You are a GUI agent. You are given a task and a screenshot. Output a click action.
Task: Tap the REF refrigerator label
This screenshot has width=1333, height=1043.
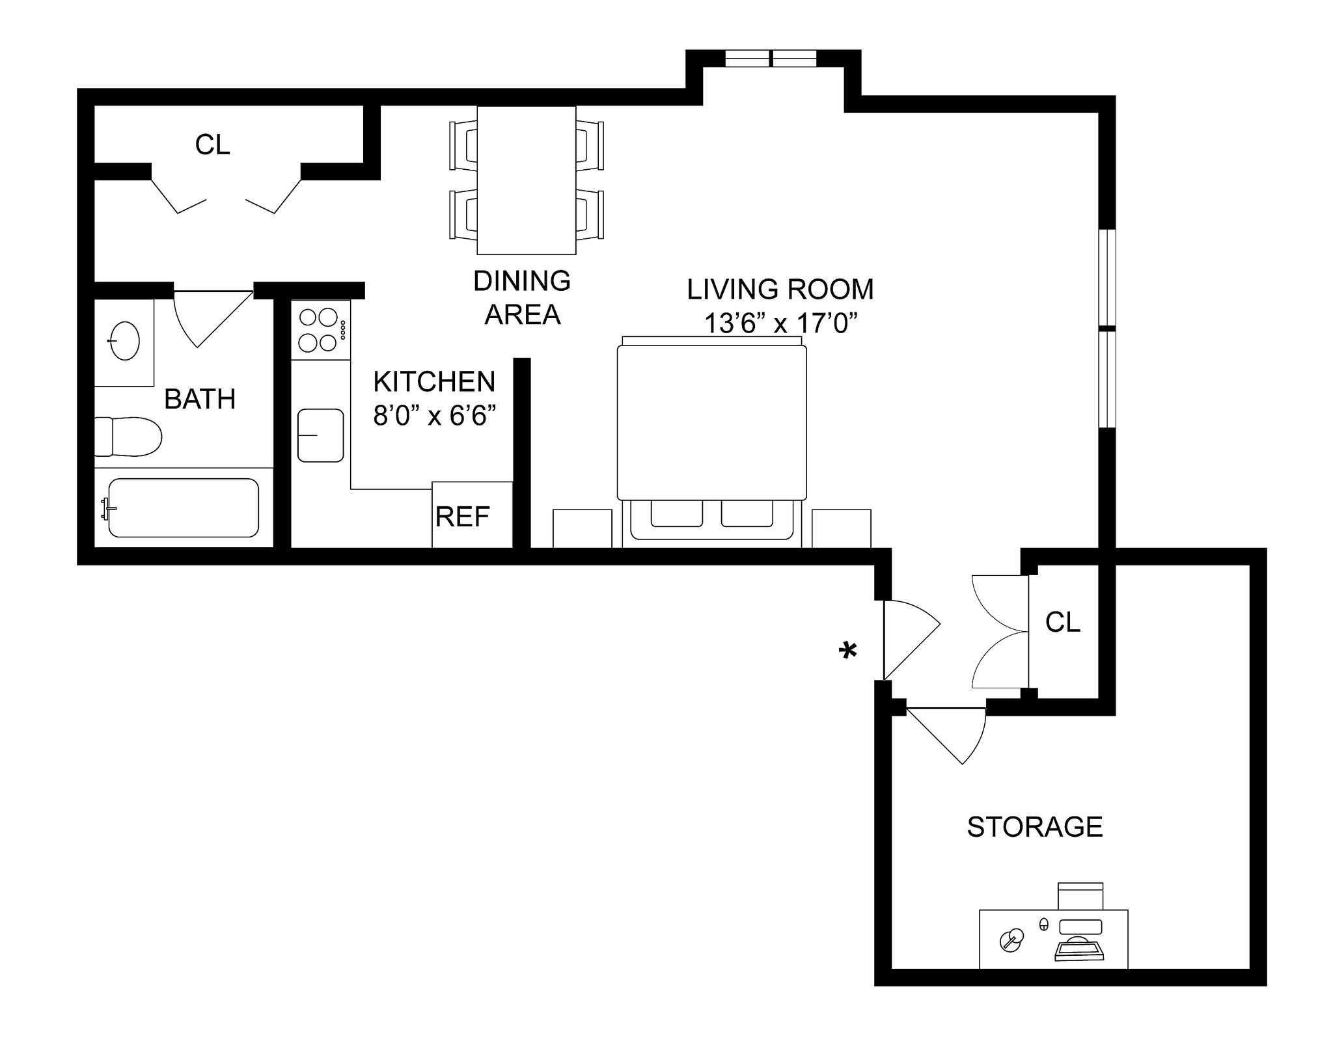point(462,517)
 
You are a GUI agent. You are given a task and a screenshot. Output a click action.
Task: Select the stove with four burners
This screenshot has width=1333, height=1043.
point(320,330)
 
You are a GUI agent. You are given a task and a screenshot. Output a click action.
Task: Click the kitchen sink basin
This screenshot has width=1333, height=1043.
point(320,435)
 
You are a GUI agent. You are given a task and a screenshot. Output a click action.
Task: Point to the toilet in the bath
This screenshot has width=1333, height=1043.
point(129,437)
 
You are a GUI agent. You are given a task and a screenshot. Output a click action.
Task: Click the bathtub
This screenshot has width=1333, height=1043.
point(183,508)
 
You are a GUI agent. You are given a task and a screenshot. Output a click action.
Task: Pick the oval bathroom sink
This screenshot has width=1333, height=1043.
point(124,340)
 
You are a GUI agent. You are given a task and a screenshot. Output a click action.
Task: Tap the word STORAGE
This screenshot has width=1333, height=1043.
point(1034,827)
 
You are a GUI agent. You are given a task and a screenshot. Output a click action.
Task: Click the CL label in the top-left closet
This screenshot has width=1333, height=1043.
point(212,145)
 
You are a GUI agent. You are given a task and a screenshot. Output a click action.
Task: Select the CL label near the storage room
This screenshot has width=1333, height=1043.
point(1062,623)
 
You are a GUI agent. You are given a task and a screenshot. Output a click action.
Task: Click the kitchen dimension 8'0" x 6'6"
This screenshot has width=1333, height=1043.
point(434,416)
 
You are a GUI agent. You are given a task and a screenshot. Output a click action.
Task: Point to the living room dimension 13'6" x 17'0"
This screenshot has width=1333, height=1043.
point(780,323)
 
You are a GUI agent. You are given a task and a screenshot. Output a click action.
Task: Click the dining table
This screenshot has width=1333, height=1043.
point(526,180)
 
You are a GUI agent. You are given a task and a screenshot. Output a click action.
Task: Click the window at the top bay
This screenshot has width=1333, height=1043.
point(771,59)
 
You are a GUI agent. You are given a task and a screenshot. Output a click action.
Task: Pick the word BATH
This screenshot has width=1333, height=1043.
point(200,400)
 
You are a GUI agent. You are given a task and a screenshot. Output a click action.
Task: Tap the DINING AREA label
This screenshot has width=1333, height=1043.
point(522,298)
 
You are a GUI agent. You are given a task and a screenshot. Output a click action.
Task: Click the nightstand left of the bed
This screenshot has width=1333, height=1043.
point(582,528)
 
